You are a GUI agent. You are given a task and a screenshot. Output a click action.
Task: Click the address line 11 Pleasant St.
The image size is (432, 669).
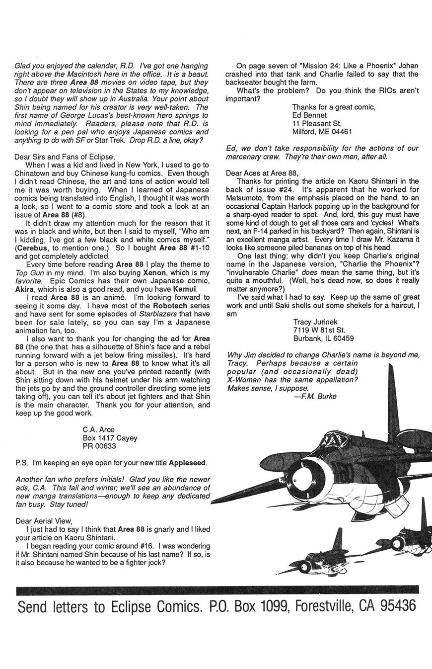[317, 123]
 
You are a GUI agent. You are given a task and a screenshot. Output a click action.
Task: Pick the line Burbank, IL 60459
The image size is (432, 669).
[323, 338]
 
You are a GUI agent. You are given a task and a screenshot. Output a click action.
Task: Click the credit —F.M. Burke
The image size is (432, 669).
[315, 396]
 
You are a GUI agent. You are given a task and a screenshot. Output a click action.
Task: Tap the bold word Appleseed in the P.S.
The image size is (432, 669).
[188, 463]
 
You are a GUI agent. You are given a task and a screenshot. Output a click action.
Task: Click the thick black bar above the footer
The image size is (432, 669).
[216, 590]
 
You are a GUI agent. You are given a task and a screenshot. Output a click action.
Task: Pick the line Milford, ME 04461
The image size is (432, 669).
[322, 132]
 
